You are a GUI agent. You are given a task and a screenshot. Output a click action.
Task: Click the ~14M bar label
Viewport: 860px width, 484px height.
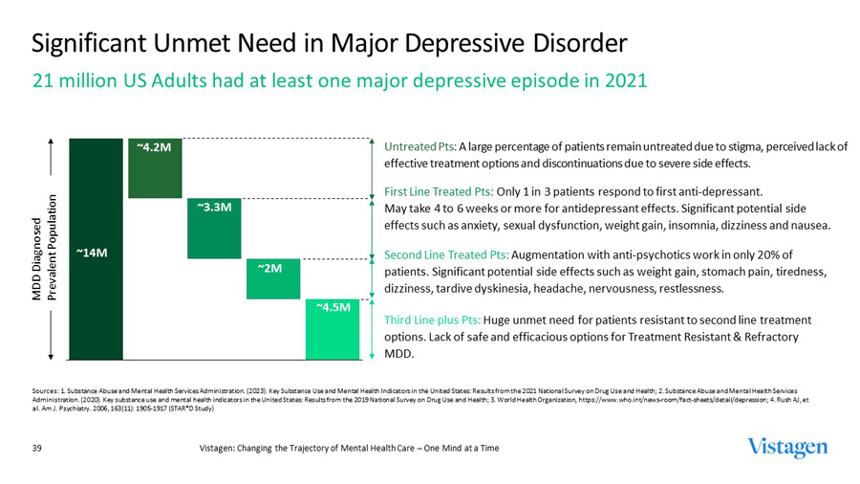pos(92,253)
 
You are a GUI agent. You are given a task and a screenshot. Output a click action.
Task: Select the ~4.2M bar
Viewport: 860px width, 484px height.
pos(156,167)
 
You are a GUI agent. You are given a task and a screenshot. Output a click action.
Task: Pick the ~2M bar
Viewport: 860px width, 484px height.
pos(273,278)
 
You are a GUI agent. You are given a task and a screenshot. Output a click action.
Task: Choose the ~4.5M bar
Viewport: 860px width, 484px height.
pos(333,330)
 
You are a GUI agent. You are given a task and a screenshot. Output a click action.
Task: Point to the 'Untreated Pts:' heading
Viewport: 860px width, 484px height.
pos(419,147)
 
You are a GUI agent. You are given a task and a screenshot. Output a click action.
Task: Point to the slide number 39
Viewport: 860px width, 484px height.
pos(39,448)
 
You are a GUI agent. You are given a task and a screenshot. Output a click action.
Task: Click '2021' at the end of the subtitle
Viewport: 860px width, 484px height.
pos(625,80)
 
